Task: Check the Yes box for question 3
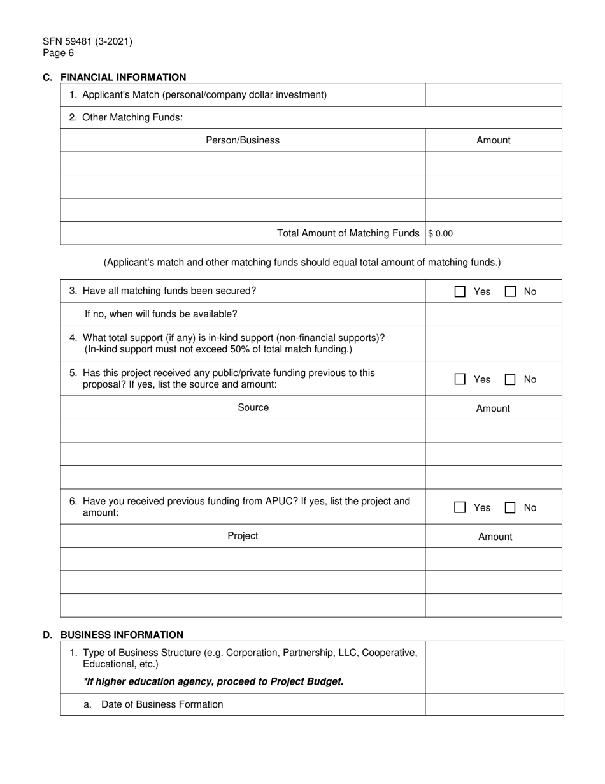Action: coord(460,292)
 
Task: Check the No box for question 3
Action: coord(510,292)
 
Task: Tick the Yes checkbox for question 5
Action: coord(460,379)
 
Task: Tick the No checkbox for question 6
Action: coord(510,508)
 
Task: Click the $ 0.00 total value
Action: coord(441,234)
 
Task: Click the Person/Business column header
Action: coord(243,140)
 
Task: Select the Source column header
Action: coord(253,408)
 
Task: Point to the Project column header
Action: coord(243,536)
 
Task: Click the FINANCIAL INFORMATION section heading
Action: coord(123,78)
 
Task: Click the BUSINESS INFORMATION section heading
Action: coord(122,635)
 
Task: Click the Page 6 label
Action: coord(59,54)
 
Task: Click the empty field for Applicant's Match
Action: coord(494,95)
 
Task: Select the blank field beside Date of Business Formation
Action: coord(494,704)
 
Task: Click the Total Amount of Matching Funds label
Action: coord(348,233)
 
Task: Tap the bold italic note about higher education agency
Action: coord(213,681)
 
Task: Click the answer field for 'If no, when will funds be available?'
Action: coord(494,314)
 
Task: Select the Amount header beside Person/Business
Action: coord(494,140)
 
